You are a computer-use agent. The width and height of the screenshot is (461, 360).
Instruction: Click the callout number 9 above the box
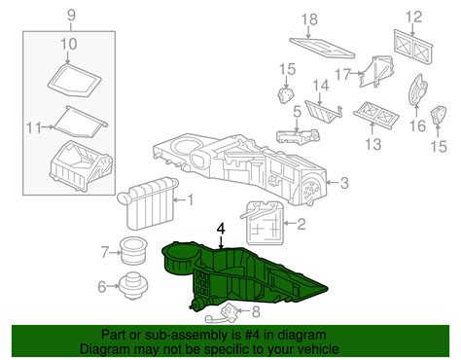pyautogui.click(x=72, y=16)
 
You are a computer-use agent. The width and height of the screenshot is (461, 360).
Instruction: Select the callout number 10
pyautogui.click(x=68, y=44)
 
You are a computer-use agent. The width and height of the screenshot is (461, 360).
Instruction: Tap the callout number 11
pyautogui.click(x=34, y=128)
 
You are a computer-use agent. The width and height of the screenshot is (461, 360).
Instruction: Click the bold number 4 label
pyautogui.click(x=221, y=229)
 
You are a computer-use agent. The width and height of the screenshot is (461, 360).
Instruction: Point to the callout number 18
pyautogui.click(x=309, y=19)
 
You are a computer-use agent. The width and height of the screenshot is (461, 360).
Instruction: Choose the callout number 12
pyautogui.click(x=414, y=17)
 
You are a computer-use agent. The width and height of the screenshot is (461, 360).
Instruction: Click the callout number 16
pyautogui.click(x=417, y=126)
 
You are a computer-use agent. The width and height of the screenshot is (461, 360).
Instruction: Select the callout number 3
pyautogui.click(x=344, y=183)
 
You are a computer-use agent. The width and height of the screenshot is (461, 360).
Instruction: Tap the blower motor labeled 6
pyautogui.click(x=132, y=286)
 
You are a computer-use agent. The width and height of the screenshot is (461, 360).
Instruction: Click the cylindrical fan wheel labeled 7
pyautogui.click(x=132, y=251)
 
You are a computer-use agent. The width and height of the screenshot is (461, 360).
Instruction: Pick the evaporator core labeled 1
pyautogui.click(x=148, y=201)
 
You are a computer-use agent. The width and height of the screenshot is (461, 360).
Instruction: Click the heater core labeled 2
pyautogui.click(x=265, y=223)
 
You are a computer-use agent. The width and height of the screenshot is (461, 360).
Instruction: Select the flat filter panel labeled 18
pyautogui.click(x=322, y=48)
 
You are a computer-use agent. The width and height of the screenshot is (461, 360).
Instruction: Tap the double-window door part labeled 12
pyautogui.click(x=413, y=46)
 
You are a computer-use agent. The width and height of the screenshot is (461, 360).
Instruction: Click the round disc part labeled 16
pyautogui.click(x=418, y=90)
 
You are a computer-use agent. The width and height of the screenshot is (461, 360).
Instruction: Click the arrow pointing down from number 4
pyautogui.click(x=221, y=242)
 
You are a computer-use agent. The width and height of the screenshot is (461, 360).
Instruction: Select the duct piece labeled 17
pyautogui.click(x=376, y=71)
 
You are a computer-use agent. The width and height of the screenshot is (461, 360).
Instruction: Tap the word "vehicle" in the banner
pyautogui.click(x=316, y=349)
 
